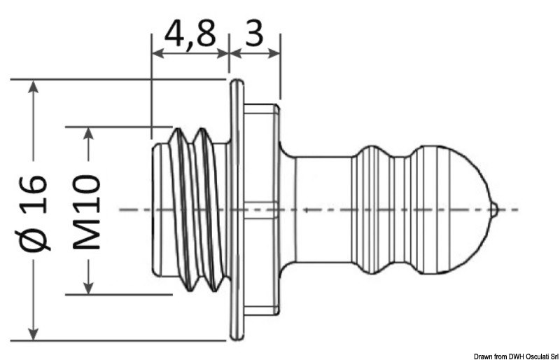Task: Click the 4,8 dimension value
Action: coord(189,33)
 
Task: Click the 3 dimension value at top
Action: coord(254,33)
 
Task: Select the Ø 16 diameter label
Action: coord(35,210)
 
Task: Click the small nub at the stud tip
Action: coord(494,209)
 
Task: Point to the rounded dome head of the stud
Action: coord(448,209)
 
